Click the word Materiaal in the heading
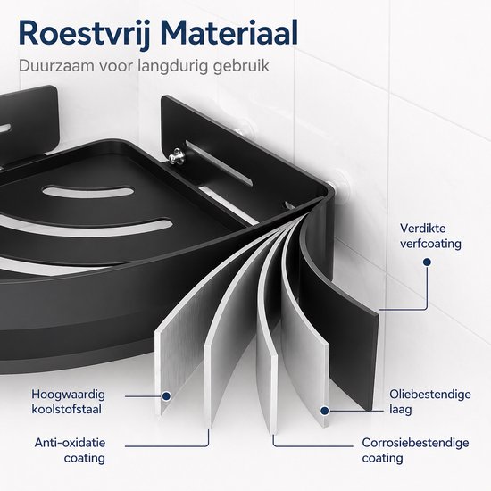pos(229,33)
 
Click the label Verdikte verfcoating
pos(430,236)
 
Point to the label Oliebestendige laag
pos(430,402)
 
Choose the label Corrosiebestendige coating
pos(415,450)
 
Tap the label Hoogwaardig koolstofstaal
pos(68,402)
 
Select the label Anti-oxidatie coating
pos(70,450)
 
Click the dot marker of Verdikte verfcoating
pos(427,262)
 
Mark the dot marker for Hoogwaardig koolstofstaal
pos(166,396)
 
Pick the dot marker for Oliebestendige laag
pos(325,411)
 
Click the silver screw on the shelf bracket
pos(177,156)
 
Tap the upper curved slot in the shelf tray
pos(88,192)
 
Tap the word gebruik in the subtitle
pos(241,67)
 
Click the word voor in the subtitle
pos(115,67)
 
